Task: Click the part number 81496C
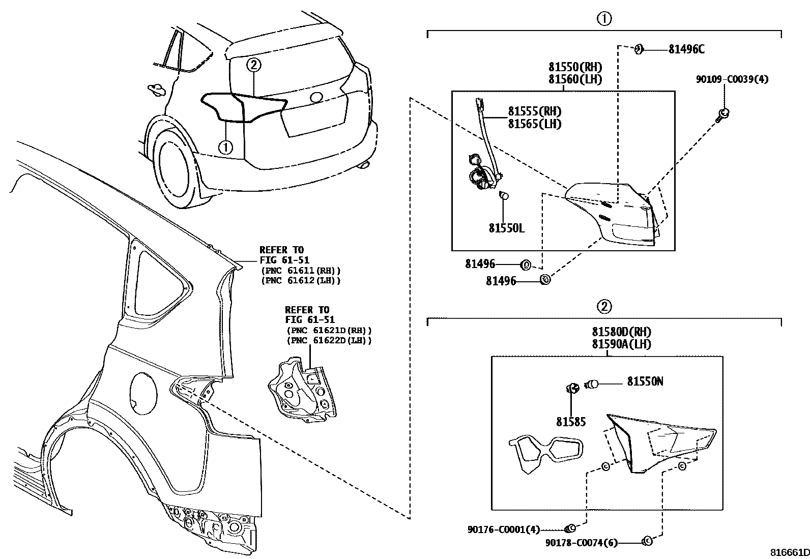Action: (686, 49)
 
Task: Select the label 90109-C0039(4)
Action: (732, 79)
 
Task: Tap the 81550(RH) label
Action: (575, 67)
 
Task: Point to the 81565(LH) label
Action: (534, 124)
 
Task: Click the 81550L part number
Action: (506, 228)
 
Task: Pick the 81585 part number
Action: (570, 422)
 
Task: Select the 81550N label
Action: (645, 381)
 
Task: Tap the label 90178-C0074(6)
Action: (581, 543)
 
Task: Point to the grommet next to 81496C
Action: (639, 49)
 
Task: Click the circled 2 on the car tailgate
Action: (254, 65)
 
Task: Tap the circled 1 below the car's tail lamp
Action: (225, 148)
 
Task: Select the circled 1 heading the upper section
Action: (603, 19)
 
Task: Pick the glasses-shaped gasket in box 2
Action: (545, 451)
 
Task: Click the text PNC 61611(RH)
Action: (300, 271)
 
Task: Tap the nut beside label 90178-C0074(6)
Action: (648, 541)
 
